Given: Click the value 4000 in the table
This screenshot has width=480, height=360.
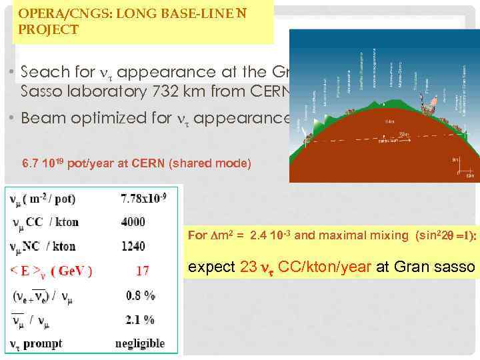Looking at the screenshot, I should point(133,221).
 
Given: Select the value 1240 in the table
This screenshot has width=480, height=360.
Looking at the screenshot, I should point(133,246).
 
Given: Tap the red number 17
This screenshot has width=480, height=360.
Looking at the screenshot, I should point(142,271).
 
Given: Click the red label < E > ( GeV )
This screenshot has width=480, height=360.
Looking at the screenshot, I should point(51,271).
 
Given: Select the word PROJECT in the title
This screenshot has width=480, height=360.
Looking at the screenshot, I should point(49,30).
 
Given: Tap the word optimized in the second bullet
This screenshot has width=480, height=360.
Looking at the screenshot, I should point(132,119).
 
